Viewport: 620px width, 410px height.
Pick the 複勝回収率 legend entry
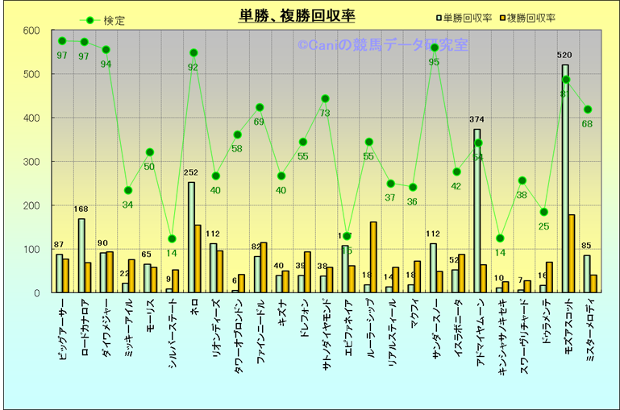click(533, 17)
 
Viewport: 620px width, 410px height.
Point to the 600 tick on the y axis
click(31, 31)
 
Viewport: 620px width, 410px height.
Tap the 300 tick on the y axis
click(31, 162)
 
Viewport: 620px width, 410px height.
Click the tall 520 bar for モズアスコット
click(565, 177)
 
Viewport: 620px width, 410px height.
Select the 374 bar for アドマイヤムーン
click(477, 209)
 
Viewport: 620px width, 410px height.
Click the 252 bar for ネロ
click(192, 237)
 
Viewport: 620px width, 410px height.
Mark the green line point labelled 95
click(435, 48)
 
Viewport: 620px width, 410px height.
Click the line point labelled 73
click(325, 99)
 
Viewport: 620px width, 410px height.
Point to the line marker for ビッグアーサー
click(62, 41)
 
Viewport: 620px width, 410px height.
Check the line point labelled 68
click(588, 110)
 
